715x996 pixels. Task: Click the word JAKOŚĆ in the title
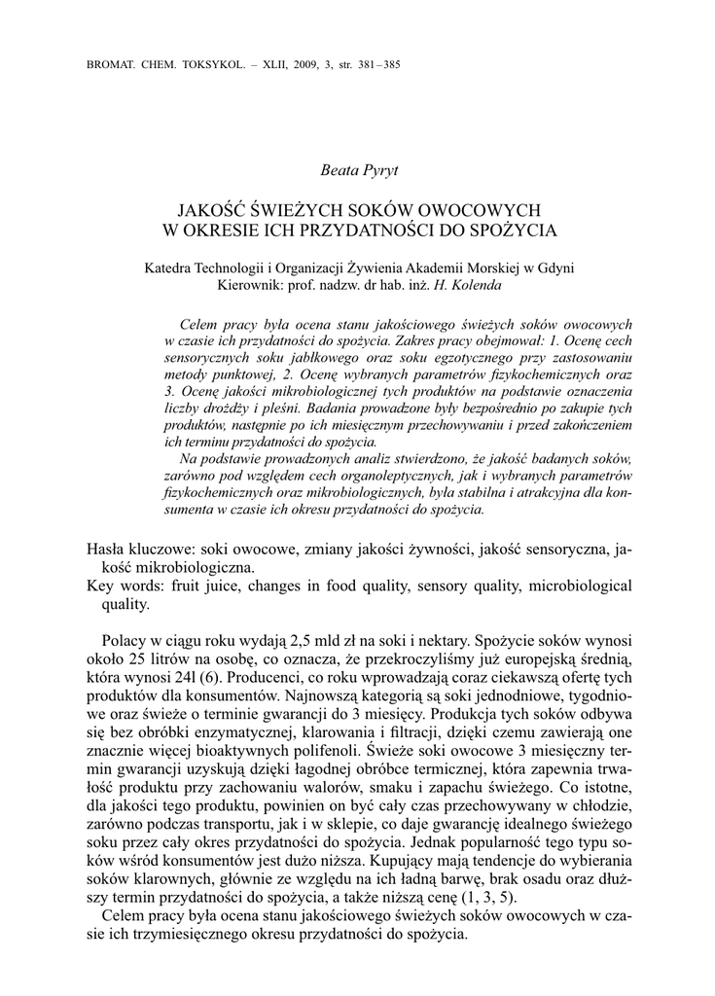tap(212, 210)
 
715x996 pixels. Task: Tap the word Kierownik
tap(255, 287)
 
